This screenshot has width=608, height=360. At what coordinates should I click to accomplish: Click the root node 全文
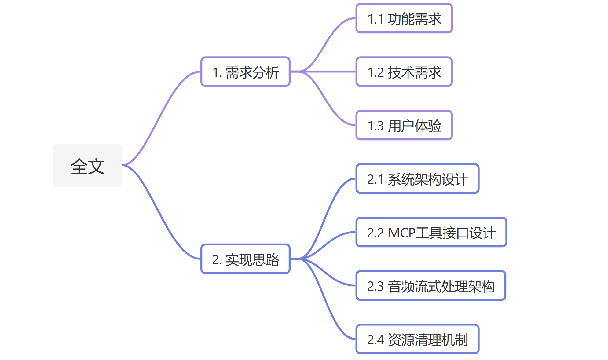coord(88,165)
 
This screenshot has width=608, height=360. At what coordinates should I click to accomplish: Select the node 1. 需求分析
coord(245,72)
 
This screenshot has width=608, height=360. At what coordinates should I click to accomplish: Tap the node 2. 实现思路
coord(245,259)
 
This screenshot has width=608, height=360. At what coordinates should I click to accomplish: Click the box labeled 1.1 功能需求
coord(404,18)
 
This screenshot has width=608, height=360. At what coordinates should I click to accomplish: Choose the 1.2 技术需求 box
coord(404,72)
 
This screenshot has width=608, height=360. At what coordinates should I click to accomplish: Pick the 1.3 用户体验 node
coord(404,125)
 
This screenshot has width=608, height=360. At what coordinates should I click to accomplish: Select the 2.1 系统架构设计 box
coord(417,179)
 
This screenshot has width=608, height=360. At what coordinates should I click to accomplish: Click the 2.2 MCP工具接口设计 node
coord(431,232)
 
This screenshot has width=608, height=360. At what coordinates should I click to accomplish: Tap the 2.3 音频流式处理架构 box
coord(431,286)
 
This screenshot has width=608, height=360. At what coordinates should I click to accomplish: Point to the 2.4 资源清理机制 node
coord(417,339)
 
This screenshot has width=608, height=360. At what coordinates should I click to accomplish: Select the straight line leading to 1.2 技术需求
coord(330,72)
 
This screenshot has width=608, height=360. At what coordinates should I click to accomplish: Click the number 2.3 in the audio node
coord(375,286)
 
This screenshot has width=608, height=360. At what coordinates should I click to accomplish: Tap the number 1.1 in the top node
coord(375,19)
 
